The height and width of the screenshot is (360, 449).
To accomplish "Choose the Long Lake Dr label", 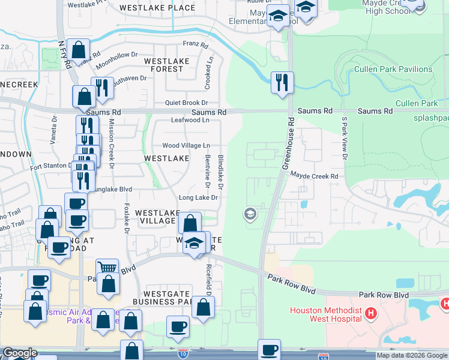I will coord(197,198).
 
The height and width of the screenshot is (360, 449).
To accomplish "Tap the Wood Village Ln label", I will coord(186,146).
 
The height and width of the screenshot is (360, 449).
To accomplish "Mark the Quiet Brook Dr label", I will coord(186,103).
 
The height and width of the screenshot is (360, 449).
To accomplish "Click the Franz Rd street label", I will coord(195,45).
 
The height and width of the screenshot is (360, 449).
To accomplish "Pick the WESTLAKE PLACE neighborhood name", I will coord(157,8).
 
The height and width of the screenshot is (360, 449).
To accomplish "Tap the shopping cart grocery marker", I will coord(107,268).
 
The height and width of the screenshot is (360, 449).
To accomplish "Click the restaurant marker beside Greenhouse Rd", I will coord(282,81).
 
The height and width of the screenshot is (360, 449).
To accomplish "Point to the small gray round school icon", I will coord(250,214).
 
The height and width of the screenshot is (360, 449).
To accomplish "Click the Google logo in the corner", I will coord(19,353).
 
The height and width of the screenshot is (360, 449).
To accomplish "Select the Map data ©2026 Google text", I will coord(412,355).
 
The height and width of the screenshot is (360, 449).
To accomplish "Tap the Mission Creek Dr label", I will coord(112,143).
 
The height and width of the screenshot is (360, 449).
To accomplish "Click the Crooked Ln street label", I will coord(210,70).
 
